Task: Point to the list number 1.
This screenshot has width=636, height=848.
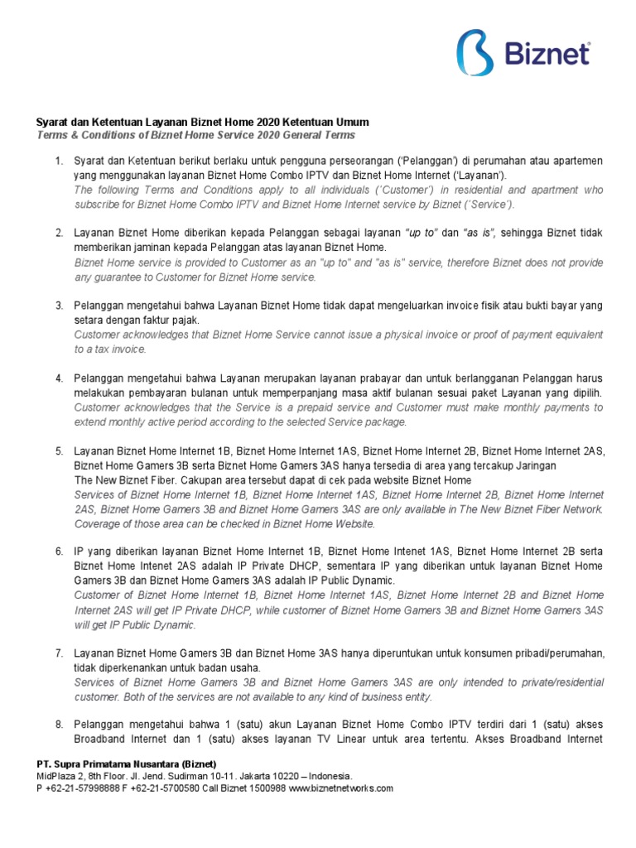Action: [59, 160]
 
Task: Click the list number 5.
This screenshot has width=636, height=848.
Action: [59, 451]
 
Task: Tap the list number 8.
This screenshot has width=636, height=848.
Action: [59, 725]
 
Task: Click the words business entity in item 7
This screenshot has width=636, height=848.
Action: [392, 696]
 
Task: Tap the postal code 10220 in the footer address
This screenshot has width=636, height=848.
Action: [279, 776]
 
